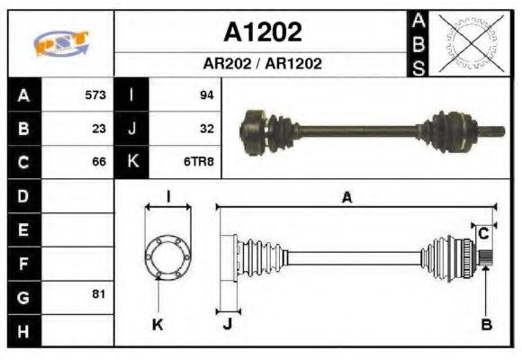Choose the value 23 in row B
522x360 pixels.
point(99,129)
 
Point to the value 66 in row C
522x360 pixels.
point(99,163)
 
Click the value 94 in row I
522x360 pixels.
point(206,94)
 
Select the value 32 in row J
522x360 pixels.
point(206,129)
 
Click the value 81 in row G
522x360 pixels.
point(99,295)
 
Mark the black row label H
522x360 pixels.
point(24,330)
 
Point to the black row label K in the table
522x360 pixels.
point(132,163)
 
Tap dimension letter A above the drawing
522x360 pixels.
point(346,198)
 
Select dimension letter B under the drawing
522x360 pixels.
point(486,325)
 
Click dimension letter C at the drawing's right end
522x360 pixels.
point(483,233)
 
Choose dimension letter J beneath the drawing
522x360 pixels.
point(227,325)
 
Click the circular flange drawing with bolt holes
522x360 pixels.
point(167,256)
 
